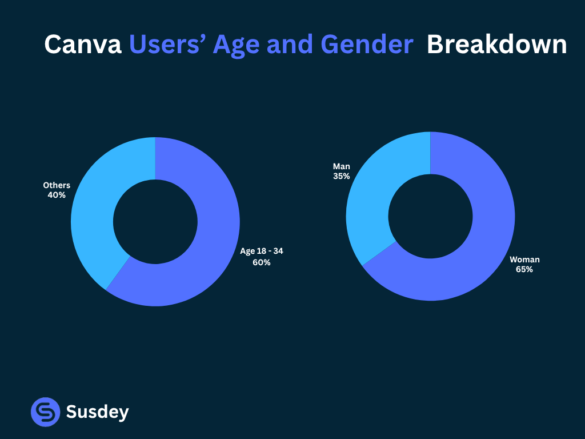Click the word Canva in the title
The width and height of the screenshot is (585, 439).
click(x=83, y=45)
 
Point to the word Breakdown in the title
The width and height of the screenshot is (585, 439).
click(x=496, y=45)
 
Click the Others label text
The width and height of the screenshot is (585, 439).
click(x=57, y=185)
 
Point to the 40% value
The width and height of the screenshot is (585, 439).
click(x=57, y=195)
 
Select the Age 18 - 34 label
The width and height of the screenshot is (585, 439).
click(x=262, y=251)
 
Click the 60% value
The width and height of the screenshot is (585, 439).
click(x=262, y=263)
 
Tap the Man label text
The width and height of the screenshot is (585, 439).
click(x=342, y=166)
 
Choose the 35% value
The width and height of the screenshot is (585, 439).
click(x=342, y=176)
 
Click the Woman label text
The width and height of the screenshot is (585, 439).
click(x=524, y=260)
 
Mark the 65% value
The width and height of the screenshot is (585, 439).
click(x=524, y=269)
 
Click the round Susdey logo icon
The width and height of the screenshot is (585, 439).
click(x=45, y=412)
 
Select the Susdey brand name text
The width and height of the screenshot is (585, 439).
click(x=98, y=412)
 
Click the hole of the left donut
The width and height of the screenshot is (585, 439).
click(x=155, y=222)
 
